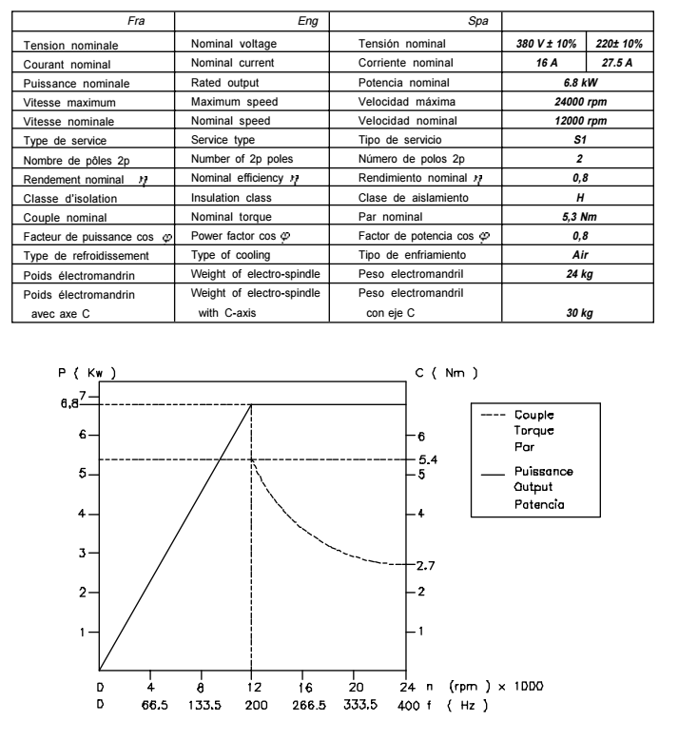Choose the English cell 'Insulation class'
[x=231, y=198]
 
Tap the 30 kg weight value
[x=579, y=313]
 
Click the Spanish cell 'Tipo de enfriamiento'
[x=415, y=256]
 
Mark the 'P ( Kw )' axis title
[x=87, y=373]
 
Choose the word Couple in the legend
[x=535, y=416]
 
